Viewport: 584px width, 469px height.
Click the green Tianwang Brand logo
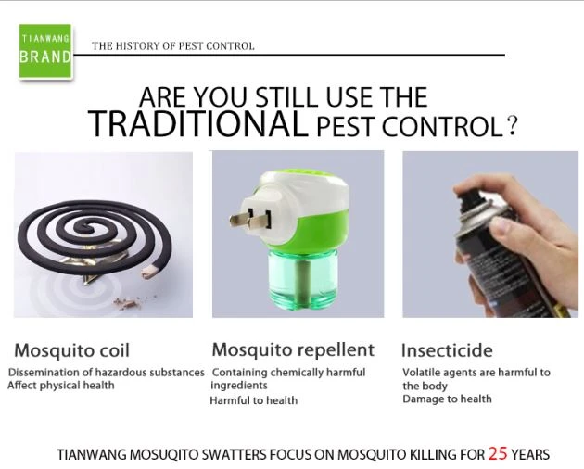click(45, 51)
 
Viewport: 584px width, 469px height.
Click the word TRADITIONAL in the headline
click(197, 123)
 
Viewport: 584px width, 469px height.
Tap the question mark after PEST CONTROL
click(512, 126)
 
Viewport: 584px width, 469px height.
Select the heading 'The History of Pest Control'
click(173, 46)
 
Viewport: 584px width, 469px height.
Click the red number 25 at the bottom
click(498, 453)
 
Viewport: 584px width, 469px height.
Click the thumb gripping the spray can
click(506, 226)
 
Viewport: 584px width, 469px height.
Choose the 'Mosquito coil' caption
click(72, 350)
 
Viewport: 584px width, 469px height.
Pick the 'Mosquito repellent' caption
click(293, 350)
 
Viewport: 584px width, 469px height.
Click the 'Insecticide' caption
click(447, 350)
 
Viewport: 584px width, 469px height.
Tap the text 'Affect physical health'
click(61, 386)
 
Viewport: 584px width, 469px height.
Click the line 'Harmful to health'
click(254, 400)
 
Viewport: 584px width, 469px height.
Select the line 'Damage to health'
click(448, 399)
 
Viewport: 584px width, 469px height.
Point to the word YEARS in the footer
click(530, 455)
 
